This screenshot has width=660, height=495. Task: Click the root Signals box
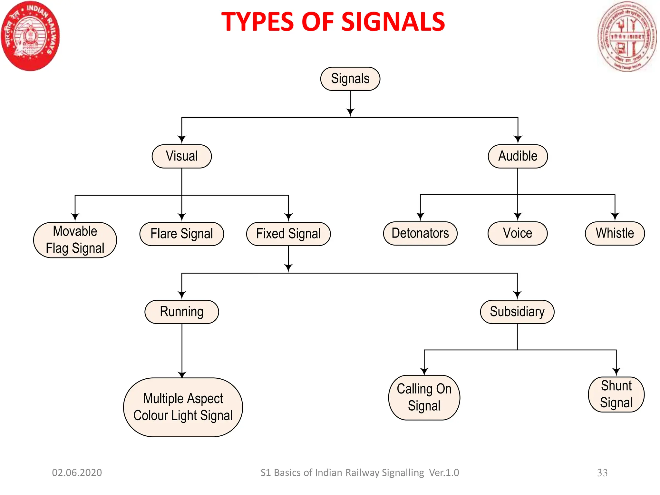pos(350,79)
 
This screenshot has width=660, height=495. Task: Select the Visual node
pos(182,156)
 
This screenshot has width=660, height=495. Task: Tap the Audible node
pos(518,156)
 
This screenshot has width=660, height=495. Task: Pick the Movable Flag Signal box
pos(75,240)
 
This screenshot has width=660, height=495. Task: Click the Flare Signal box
pos(182,234)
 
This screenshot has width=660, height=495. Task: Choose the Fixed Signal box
pos(288,234)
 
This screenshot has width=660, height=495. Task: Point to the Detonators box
pos(420,233)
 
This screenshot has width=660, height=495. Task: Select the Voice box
pos(518,233)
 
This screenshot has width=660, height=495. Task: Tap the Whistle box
pos(615,233)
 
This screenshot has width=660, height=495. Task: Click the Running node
pos(182,312)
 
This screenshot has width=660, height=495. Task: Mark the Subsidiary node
pos(517,312)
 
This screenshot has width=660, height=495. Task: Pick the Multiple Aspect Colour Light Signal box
pos(183,407)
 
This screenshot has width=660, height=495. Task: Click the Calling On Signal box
pos(424,398)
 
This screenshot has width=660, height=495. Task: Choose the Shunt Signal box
pos(616,394)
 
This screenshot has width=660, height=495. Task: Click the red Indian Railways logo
pos(30,36)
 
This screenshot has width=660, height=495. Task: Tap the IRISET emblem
pos(627,36)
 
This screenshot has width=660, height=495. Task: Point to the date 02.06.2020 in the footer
pos(77,473)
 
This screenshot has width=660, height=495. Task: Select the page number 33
pos(602,473)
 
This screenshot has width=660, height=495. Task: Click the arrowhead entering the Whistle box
pos(615,217)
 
